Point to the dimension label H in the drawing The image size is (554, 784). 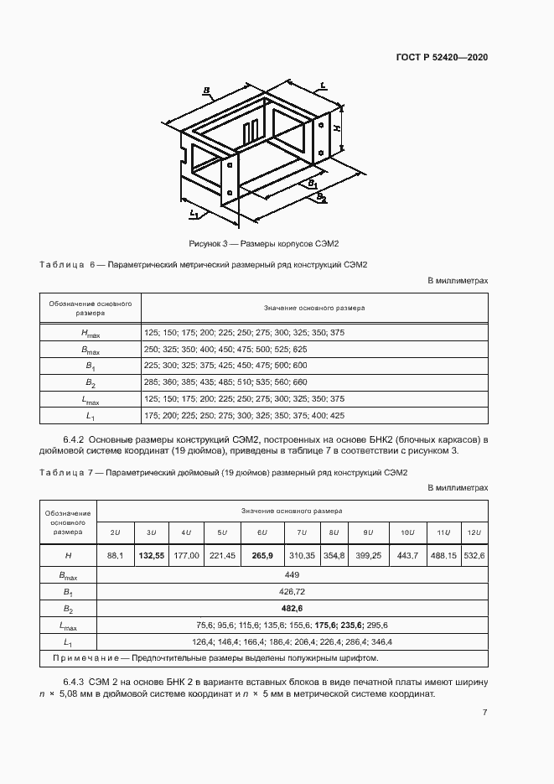(x=336, y=127)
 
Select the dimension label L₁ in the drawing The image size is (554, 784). (x=193, y=215)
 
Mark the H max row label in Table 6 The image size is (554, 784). (x=90, y=333)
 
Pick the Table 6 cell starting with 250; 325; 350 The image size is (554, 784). (x=225, y=349)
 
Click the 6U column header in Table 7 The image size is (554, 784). (x=261, y=533)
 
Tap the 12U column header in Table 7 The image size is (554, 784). (x=473, y=533)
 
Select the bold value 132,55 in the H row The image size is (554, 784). (x=152, y=555)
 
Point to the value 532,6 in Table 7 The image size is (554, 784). (x=473, y=555)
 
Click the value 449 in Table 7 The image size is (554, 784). (x=292, y=575)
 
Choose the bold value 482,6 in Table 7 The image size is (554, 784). (x=292, y=609)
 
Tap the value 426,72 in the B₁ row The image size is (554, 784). (x=292, y=592)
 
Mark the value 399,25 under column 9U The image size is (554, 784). (x=368, y=555)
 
